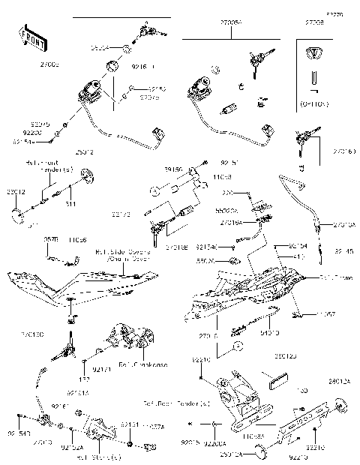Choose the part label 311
pyautogui.click(x=70, y=203)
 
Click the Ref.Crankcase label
pyautogui.click(x=162, y=364)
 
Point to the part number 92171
pyautogui.click(x=102, y=369)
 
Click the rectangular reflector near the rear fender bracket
pyautogui.click(x=274, y=375)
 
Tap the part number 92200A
pyautogui.click(x=213, y=434)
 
